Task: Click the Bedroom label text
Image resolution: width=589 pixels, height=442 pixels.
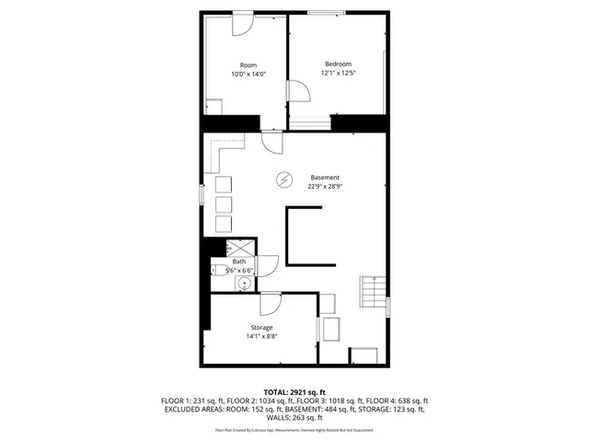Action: pyautogui.click(x=338, y=64)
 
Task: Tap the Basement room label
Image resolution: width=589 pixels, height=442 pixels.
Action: pyautogui.click(x=324, y=177)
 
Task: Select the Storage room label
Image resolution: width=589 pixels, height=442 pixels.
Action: pyautogui.click(x=261, y=328)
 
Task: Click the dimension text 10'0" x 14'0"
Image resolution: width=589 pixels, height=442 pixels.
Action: pyautogui.click(x=248, y=74)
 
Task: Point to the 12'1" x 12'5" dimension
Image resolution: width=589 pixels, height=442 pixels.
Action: pyautogui.click(x=338, y=73)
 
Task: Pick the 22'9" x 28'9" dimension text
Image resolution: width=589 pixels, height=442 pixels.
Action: pyautogui.click(x=324, y=186)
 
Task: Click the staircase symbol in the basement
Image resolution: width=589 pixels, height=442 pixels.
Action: pyautogui.click(x=373, y=294)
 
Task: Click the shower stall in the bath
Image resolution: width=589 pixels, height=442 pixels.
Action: pyautogui.click(x=241, y=247)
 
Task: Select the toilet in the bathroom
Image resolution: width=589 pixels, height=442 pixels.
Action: pyautogui.click(x=219, y=269)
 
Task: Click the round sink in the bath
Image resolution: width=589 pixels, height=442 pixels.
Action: pyautogui.click(x=243, y=283)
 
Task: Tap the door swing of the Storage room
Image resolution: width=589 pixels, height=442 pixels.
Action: pyautogui.click(x=270, y=306)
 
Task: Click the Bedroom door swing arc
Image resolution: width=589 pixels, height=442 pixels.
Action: pyautogui.click(x=299, y=93)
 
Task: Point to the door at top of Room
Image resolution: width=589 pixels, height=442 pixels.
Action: pyautogui.click(x=241, y=22)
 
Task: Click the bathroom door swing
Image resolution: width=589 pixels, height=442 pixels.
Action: pyautogui.click(x=268, y=264)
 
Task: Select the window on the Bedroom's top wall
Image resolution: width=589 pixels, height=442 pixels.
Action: pyautogui.click(x=331, y=12)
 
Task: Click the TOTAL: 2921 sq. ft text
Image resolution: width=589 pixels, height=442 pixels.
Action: pyautogui.click(x=294, y=392)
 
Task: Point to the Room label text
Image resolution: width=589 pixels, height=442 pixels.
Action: pyautogui.click(x=248, y=64)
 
